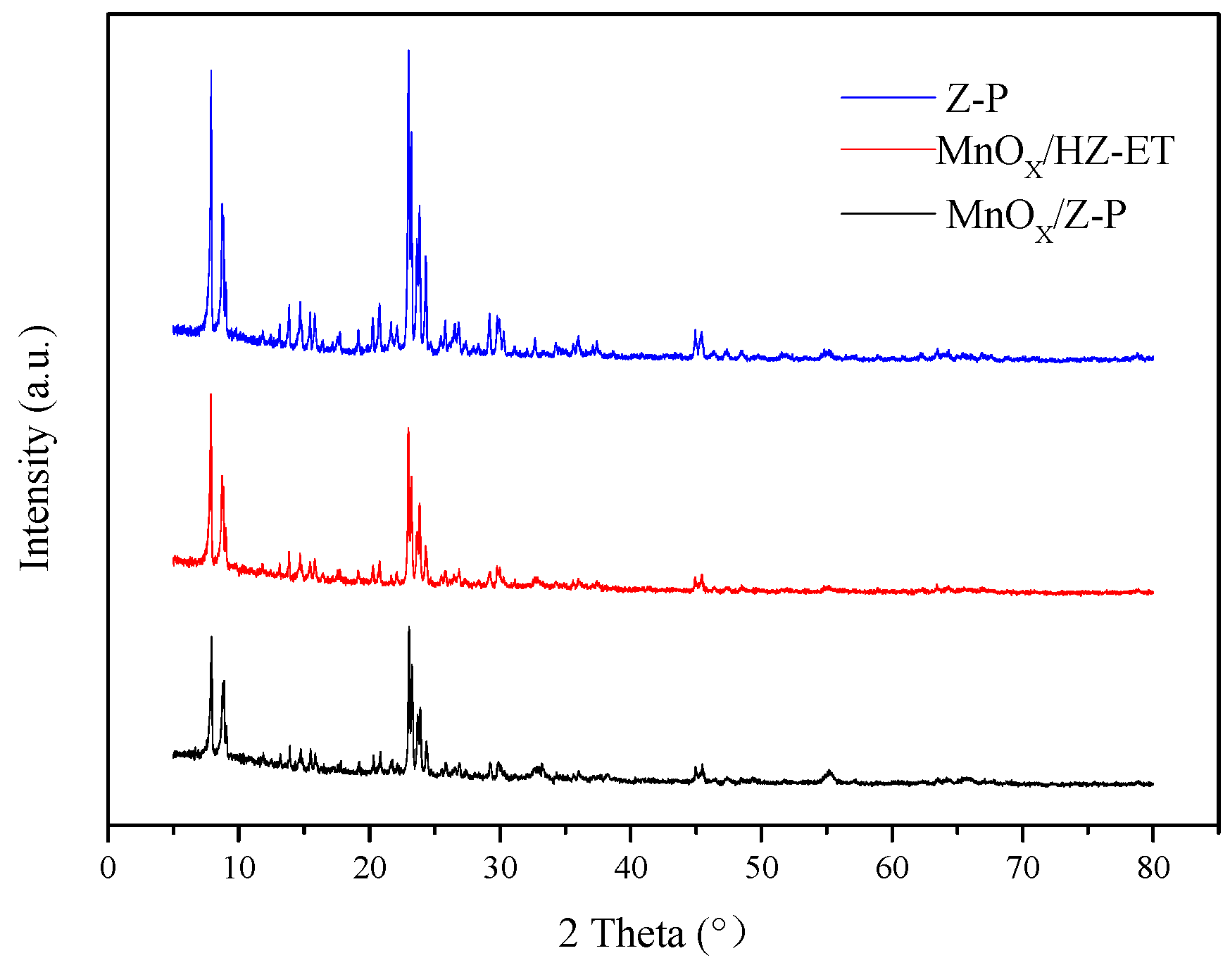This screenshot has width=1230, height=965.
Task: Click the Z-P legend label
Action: (x=977, y=98)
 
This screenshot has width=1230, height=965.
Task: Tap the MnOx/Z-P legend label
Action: (x=1036, y=217)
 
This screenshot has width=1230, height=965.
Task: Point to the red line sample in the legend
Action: (x=888, y=149)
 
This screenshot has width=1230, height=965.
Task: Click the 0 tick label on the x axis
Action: (x=108, y=867)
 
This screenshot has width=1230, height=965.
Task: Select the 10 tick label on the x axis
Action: (x=239, y=867)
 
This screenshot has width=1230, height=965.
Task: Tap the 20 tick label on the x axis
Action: (x=370, y=867)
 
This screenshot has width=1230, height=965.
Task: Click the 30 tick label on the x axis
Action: (x=501, y=867)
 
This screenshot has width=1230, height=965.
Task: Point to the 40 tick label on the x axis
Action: (x=631, y=867)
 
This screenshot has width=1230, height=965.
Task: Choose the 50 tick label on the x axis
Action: (x=762, y=867)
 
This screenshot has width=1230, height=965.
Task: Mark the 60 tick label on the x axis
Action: (x=892, y=867)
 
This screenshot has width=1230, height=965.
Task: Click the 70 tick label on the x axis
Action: (x=1023, y=867)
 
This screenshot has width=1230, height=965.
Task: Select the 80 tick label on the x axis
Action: (x=1153, y=867)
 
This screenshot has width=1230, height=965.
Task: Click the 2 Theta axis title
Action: (x=651, y=933)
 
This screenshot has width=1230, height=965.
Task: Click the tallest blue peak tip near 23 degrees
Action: (x=408, y=51)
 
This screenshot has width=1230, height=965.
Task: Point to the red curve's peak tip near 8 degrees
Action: (x=211, y=395)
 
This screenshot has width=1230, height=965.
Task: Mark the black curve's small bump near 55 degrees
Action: (x=829, y=771)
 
